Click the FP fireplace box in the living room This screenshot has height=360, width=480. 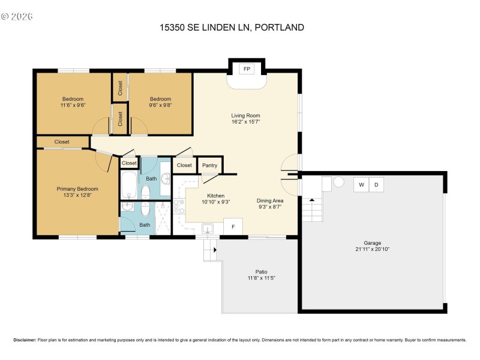[x=247, y=69]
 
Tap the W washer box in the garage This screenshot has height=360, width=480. [x=361, y=185]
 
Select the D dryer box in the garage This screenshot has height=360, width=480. [x=376, y=185]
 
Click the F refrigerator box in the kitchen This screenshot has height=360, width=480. [x=233, y=227]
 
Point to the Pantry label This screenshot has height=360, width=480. [x=209, y=165]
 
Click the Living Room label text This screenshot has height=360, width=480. [x=245, y=116]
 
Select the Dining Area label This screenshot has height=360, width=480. [x=269, y=200]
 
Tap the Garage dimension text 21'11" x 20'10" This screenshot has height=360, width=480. [x=372, y=248]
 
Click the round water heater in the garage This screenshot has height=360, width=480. [x=338, y=182]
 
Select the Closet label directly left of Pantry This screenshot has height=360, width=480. [x=184, y=165]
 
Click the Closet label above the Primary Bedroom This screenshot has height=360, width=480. [x=62, y=142]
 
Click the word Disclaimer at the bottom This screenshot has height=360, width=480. [x=25, y=340]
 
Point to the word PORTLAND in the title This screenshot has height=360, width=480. [x=283, y=27]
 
